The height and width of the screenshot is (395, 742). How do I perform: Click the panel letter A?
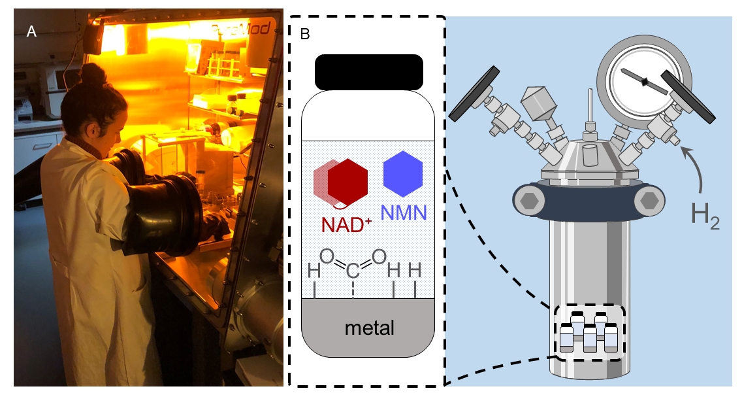click(31, 31)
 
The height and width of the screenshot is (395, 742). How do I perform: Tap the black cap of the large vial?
click(369, 73)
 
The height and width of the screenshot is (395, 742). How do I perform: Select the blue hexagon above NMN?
click(403, 174)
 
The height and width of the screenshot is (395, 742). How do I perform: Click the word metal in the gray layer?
click(369, 327)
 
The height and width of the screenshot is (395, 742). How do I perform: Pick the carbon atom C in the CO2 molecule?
click(353, 269)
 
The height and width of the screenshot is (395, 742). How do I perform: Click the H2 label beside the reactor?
click(705, 216)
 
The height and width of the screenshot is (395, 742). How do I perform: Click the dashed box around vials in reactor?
click(589, 334)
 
